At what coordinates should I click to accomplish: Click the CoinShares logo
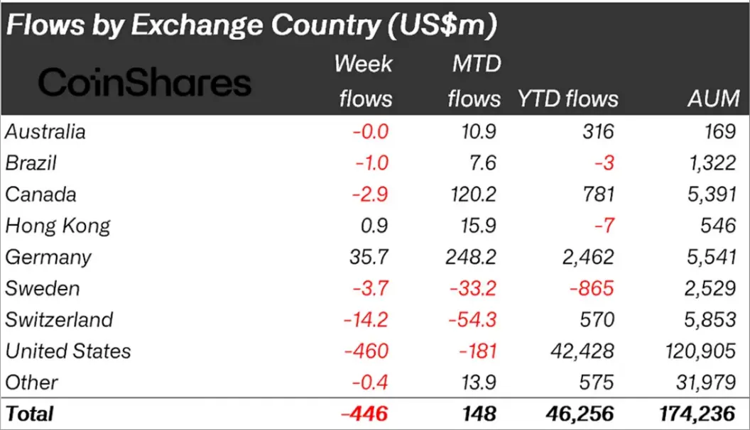145,83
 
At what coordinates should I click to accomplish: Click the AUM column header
713,99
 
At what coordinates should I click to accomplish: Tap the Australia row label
45,132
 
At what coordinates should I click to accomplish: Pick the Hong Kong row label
58,226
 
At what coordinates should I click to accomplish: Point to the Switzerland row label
59,320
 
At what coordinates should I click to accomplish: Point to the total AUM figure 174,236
699,413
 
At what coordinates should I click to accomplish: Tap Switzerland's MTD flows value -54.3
473,320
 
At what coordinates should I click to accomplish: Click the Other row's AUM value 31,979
705,382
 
